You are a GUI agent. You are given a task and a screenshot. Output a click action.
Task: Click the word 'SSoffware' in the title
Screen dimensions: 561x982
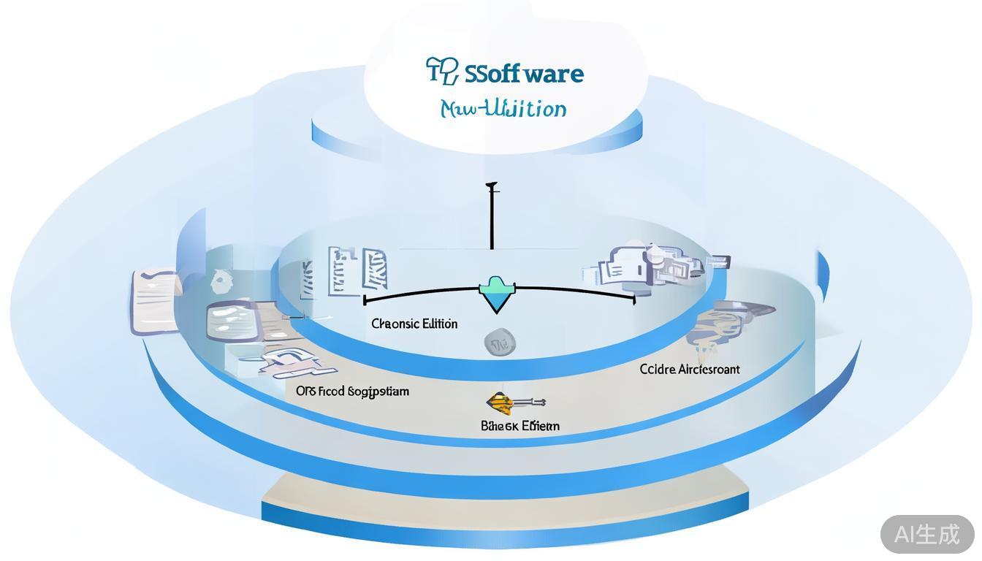(524, 74)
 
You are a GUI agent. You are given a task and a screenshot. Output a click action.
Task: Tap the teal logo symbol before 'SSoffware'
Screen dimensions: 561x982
(441, 72)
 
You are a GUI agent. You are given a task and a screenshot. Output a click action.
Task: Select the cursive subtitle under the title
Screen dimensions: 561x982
(503, 109)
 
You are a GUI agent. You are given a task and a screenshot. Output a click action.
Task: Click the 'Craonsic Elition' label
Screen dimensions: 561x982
(414, 324)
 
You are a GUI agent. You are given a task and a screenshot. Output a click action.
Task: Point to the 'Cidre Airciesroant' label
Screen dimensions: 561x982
(690, 369)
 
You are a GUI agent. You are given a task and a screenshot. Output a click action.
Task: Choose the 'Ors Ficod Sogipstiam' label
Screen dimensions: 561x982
(352, 391)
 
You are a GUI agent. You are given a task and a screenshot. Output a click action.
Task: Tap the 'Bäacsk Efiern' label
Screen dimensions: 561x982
(520, 425)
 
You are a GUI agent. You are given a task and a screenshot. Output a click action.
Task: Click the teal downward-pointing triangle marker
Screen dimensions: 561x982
(497, 294)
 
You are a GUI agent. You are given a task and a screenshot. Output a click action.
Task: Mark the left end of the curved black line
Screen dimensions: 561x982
(365, 299)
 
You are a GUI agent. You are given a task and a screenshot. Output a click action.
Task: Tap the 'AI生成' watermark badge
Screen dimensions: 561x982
(926, 534)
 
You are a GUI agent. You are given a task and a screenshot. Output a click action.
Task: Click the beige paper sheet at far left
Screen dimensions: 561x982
(155, 301)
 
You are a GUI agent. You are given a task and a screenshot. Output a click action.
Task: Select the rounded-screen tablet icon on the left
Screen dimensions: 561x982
(233, 321)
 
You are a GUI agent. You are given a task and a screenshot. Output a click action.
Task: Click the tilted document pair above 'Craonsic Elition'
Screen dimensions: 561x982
(358, 270)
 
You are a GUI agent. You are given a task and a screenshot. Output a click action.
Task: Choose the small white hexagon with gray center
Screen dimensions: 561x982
(220, 280)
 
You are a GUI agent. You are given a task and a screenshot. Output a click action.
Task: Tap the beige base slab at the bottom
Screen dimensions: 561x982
(504, 490)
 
